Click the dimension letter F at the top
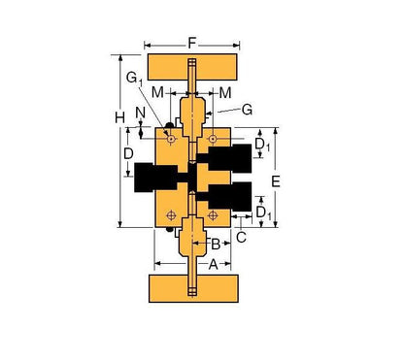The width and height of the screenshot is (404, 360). click(192, 43)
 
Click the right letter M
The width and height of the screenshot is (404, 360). click(224, 92)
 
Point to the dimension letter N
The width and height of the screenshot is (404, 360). click(142, 114)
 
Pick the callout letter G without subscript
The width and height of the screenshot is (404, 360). click(247, 110)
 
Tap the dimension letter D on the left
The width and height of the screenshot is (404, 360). click(127, 153)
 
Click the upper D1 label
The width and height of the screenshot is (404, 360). click(262, 146)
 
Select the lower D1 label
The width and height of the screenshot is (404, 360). click(262, 208)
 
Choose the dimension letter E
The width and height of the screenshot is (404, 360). click(275, 181)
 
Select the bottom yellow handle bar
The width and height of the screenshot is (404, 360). click(191, 288)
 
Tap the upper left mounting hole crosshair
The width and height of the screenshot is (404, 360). click(171, 139)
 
